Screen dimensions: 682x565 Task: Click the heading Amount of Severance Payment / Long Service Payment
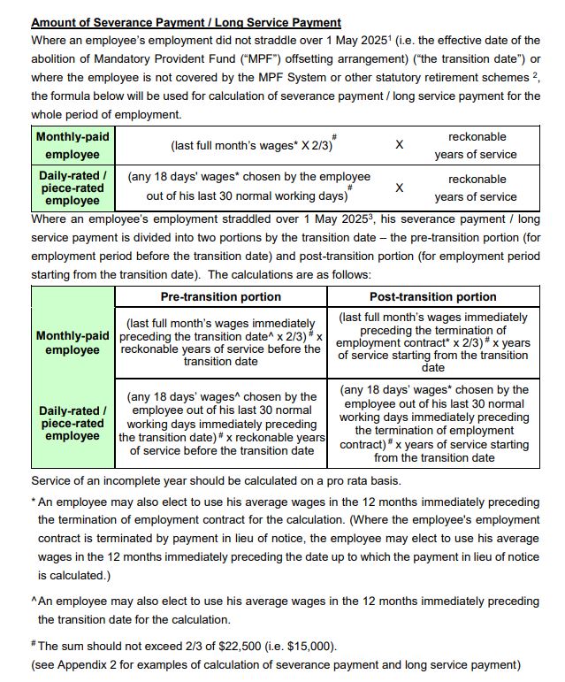pos(186,22)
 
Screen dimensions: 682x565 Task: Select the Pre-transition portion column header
pos(221,296)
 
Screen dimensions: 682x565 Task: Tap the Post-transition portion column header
pos(432,296)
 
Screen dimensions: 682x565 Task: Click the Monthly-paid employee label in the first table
pos(73,146)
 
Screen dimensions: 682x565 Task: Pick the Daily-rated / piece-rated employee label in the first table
pos(73,188)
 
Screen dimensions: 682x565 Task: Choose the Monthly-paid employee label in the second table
pos(73,343)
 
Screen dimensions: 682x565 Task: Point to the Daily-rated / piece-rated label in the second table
pos(73,424)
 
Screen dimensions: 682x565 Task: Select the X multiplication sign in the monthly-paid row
pos(399,144)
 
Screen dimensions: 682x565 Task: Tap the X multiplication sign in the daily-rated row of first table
pos(399,188)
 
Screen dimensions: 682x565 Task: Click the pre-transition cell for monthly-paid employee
pos(221,342)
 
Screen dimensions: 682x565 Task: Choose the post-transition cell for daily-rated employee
pos(432,424)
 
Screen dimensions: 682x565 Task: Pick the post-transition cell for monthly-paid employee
pos(432,341)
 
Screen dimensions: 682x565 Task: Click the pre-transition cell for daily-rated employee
pos(221,424)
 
